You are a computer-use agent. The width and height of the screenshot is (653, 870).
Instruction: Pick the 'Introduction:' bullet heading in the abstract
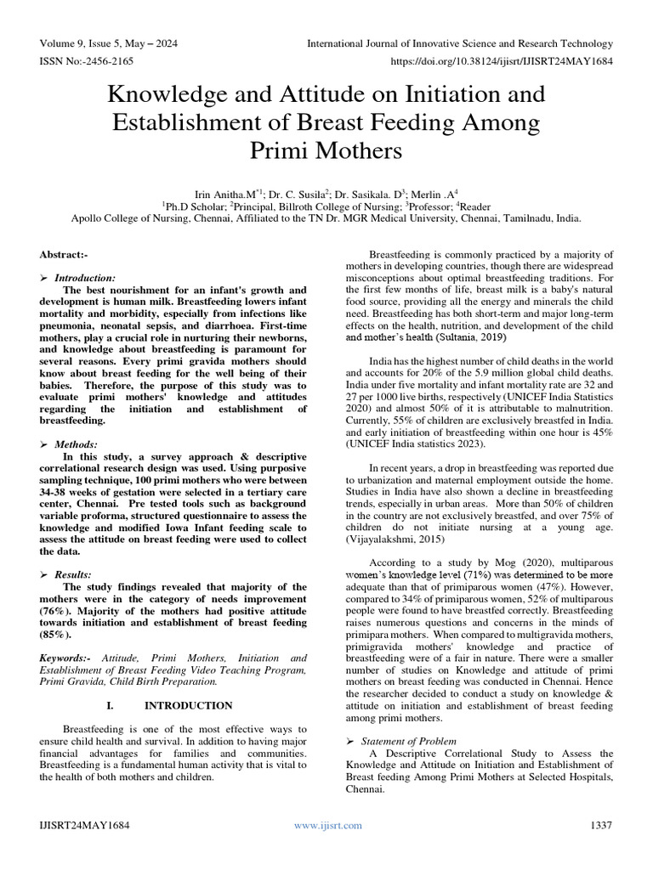click(x=85, y=278)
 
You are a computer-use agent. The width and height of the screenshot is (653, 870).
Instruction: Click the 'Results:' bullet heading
click(x=75, y=575)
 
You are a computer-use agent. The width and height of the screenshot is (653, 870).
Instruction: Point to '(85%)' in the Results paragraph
click(x=56, y=634)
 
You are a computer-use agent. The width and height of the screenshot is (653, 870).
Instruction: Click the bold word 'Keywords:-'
click(x=67, y=658)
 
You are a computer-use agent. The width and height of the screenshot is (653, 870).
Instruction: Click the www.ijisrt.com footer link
click(x=327, y=825)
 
